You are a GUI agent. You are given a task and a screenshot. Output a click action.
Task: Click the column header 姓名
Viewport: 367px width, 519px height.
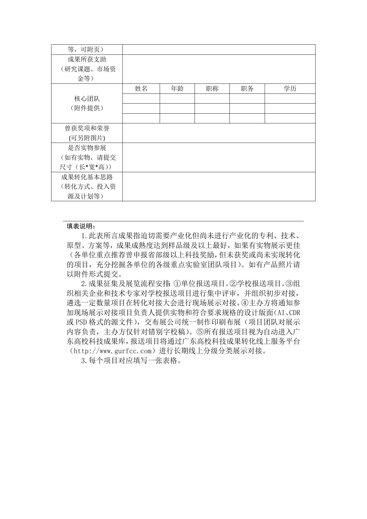141,88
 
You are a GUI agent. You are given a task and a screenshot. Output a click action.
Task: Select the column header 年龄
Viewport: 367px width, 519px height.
177,88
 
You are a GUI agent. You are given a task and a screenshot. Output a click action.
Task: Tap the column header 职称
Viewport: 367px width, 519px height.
212,88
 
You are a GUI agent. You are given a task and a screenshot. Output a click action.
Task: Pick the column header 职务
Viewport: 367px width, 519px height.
247,88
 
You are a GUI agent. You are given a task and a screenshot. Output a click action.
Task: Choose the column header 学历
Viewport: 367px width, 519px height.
290,88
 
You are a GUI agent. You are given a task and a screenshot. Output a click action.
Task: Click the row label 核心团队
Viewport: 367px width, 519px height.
87,99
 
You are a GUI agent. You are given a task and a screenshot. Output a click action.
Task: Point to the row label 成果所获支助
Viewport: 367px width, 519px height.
87,59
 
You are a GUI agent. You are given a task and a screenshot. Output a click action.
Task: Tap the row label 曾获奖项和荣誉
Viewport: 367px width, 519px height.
87,128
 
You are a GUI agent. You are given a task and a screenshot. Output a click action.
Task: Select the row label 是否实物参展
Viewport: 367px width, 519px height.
87,148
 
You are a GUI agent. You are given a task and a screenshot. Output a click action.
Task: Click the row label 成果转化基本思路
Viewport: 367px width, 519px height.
87,177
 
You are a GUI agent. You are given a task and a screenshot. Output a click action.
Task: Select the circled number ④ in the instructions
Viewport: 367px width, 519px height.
245,303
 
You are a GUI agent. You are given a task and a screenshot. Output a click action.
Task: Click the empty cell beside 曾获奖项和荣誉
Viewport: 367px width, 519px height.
219,133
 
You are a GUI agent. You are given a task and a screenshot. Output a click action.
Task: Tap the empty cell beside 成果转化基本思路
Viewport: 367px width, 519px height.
219,186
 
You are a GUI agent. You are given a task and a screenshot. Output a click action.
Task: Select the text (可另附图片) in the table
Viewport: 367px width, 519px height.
87,138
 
